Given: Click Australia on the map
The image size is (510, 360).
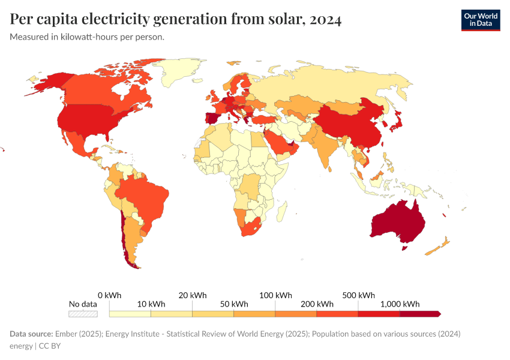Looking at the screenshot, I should pyautogui.click(x=399, y=222).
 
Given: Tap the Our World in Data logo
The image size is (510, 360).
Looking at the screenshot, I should pyautogui.click(x=480, y=20).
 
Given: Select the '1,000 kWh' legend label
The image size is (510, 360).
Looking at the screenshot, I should pyautogui.click(x=400, y=304).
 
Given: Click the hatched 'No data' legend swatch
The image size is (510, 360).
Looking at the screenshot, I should pyautogui.click(x=83, y=313).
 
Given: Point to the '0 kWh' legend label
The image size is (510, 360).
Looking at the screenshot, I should pyautogui.click(x=109, y=295).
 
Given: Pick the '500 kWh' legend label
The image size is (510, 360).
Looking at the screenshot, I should pyautogui.click(x=358, y=295).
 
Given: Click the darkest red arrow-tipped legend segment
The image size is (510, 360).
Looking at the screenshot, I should pyautogui.click(x=420, y=313).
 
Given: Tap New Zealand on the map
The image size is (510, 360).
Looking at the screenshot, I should pyautogui.click(x=438, y=247).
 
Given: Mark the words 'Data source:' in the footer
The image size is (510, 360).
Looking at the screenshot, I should pyautogui.click(x=31, y=334).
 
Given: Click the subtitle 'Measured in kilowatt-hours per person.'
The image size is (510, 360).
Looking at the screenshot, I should pyautogui.click(x=87, y=37).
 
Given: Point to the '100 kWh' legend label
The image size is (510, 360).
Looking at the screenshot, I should pyautogui.click(x=275, y=295).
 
